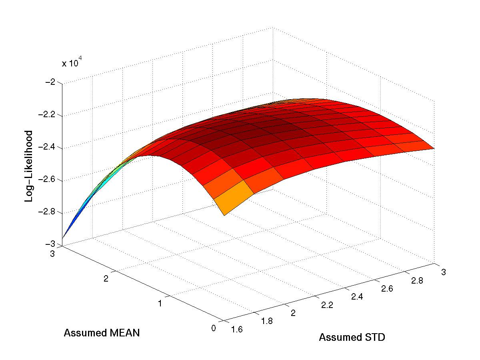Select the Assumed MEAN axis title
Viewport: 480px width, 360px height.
tap(102, 333)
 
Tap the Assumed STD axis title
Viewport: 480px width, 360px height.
tap(352, 338)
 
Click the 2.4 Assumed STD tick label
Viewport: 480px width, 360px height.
tap(357, 296)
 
